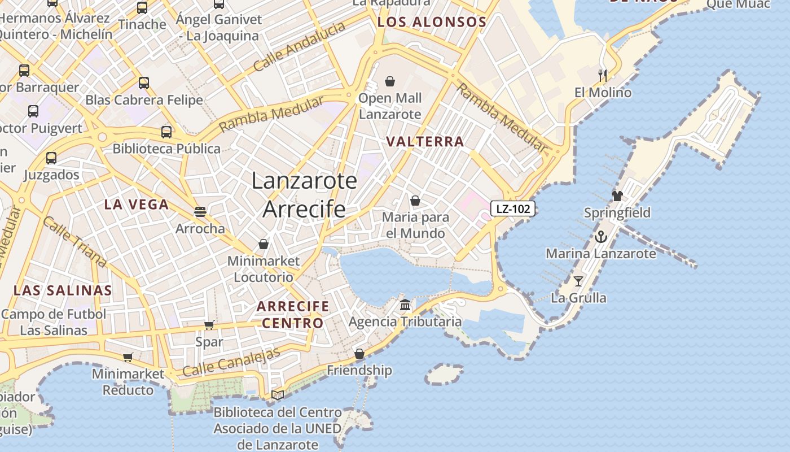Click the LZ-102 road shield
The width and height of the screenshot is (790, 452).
[512, 208]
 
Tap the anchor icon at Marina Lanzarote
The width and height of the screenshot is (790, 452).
[600, 237]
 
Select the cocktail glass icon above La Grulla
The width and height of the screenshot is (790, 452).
[578, 281]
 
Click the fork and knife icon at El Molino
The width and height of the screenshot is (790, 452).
[603, 75]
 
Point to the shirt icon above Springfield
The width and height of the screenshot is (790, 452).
[617, 196]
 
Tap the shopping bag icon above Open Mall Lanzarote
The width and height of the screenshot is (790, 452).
[389, 82]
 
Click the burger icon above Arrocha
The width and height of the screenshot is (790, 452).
[200, 212]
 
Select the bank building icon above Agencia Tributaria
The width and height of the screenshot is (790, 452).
[405, 305]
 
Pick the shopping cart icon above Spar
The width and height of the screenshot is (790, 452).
[209, 325]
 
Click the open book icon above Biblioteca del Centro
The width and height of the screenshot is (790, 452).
[277, 395]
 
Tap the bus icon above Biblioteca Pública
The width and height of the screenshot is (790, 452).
[166, 132]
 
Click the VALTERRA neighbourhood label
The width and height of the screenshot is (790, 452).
[425, 141]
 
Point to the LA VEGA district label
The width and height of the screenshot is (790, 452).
[137, 205]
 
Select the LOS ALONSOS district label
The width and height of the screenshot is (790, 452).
[432, 23]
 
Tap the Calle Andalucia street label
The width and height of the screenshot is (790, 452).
[299, 46]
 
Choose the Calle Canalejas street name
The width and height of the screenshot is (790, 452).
[231, 363]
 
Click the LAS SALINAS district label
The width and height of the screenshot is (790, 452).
[63, 290]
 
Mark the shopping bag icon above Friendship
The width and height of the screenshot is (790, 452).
[359, 354]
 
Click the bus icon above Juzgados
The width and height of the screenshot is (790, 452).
[51, 158]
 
